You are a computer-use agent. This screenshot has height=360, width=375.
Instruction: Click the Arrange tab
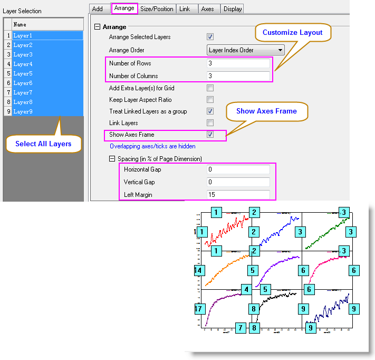pyautogui.click(x=124, y=8)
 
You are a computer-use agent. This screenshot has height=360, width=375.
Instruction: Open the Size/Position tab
pyautogui.click(x=157, y=8)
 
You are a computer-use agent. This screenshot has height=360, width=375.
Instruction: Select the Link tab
pyautogui.click(x=184, y=8)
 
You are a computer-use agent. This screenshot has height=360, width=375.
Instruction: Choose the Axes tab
pyautogui.click(x=207, y=8)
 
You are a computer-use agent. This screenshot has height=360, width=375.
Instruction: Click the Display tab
pyautogui.click(x=232, y=8)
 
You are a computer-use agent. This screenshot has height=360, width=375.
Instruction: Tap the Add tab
pyautogui.click(x=98, y=8)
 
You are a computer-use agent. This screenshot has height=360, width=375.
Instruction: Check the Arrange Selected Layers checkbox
pyautogui.click(x=210, y=37)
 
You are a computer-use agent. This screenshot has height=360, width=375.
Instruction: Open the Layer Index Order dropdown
pyautogui.click(x=246, y=50)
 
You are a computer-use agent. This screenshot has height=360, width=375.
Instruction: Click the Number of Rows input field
pyautogui.click(x=238, y=63)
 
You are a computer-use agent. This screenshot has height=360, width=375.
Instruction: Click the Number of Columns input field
pyautogui.click(x=238, y=75)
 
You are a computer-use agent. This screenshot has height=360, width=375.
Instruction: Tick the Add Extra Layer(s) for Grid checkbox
pyautogui.click(x=210, y=88)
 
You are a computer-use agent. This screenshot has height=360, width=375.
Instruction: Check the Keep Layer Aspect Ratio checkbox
pyautogui.click(x=210, y=100)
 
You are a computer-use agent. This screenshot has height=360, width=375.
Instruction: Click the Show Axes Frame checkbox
pyautogui.click(x=210, y=135)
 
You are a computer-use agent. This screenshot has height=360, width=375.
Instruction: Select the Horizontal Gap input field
pyautogui.click(x=238, y=169)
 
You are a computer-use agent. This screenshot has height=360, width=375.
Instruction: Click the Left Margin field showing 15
pyautogui.click(x=238, y=195)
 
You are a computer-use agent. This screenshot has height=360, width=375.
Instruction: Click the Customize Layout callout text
pyautogui.click(x=292, y=32)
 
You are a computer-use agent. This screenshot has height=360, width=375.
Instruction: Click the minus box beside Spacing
pyautogui.click(x=112, y=158)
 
